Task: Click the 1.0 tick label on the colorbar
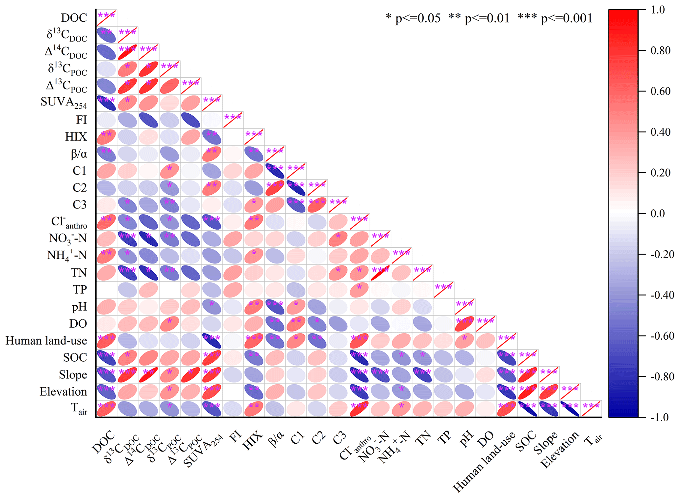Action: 658,10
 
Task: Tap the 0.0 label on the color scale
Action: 658,213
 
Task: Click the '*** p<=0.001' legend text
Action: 555,18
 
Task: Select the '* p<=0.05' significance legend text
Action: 413,18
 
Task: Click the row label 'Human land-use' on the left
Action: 46,341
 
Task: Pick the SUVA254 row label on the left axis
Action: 64,102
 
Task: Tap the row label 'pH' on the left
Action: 79,307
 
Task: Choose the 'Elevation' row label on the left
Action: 63,392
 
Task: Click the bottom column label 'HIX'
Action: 253,441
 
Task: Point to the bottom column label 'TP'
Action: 444,438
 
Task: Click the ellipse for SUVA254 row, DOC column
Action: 106,103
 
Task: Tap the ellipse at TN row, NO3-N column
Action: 380,273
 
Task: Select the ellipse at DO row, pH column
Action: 465,324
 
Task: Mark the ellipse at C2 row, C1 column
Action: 296,188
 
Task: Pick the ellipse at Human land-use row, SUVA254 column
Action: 212,341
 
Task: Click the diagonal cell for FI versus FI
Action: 233,120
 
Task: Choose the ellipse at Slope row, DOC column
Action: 106,375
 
